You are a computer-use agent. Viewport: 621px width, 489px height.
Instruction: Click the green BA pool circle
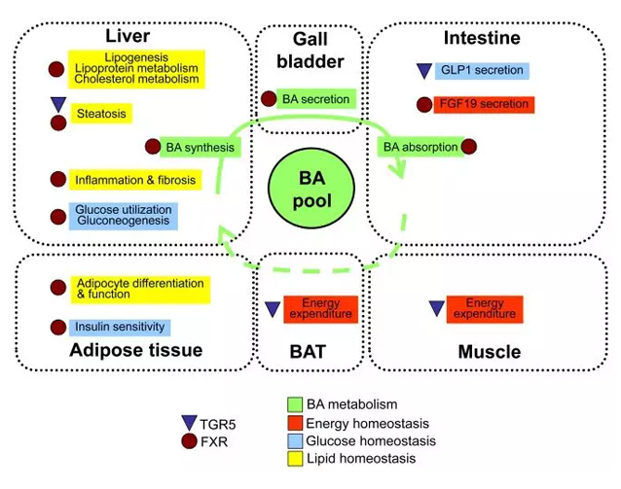(x=310, y=189)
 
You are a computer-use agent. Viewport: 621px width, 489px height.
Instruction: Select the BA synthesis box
(x=201, y=147)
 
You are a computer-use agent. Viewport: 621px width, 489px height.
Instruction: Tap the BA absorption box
(x=418, y=147)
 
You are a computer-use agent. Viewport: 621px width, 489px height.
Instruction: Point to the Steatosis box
(x=101, y=114)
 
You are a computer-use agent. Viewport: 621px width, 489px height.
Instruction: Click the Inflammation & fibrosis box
(x=135, y=180)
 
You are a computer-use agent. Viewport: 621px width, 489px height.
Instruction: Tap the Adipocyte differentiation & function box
(x=138, y=289)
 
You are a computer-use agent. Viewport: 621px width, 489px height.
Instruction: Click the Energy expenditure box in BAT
(x=320, y=309)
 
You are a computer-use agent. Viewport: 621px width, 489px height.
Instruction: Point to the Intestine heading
(x=482, y=38)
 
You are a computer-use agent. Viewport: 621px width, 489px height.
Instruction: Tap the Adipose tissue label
(x=136, y=351)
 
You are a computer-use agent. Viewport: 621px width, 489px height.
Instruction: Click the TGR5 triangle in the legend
(x=189, y=422)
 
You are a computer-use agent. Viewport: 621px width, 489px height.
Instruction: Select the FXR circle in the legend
(x=189, y=440)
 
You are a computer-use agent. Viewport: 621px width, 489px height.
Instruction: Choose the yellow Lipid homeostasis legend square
(x=295, y=458)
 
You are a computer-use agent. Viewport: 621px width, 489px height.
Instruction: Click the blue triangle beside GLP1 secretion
(x=423, y=70)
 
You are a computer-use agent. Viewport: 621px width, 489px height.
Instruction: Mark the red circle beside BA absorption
(x=469, y=147)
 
